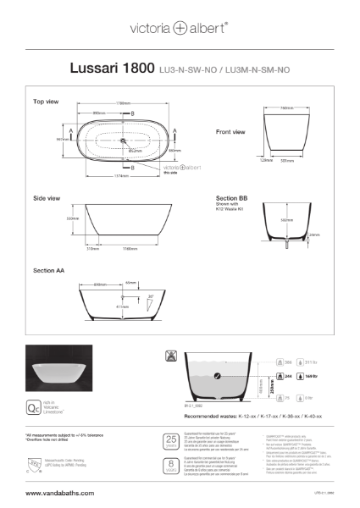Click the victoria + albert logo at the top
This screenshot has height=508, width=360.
pos(180,27)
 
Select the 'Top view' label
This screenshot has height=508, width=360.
pos(46,102)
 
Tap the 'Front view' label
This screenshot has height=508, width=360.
pos(230,132)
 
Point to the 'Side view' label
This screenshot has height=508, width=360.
pos(47,198)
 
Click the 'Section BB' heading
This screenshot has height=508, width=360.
pos(231,198)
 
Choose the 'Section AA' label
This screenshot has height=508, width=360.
pos(49,270)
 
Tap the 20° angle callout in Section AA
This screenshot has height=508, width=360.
pos(151,297)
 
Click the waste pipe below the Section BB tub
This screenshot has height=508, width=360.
pos(287,247)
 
